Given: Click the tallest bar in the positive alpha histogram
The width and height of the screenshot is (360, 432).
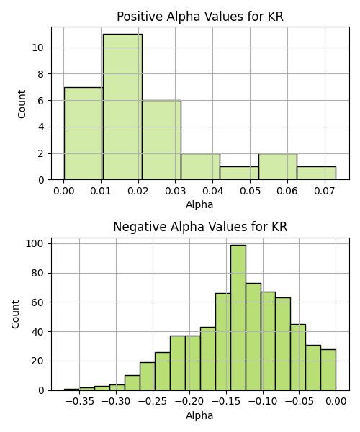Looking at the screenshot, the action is (x=123, y=107).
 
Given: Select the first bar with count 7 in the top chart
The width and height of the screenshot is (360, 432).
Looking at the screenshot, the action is (x=84, y=133).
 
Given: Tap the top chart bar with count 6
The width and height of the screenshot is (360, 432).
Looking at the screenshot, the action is (x=162, y=140).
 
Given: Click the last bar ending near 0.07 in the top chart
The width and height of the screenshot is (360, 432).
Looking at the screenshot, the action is (x=317, y=173).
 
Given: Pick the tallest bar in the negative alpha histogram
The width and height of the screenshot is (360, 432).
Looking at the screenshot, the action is (x=238, y=318).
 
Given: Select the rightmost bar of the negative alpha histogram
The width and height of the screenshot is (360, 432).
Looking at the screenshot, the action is (x=328, y=370).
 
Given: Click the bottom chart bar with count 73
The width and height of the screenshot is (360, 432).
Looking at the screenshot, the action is (x=253, y=337).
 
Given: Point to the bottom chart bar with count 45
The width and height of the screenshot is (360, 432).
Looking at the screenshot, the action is (x=298, y=357).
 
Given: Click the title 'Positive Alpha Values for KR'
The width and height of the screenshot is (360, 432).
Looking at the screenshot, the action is (x=200, y=17).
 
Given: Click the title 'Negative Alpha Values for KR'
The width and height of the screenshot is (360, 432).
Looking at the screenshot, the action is (x=200, y=227).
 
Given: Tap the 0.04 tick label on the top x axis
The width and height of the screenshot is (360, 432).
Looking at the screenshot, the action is (x=212, y=191).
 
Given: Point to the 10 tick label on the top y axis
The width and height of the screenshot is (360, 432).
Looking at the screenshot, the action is (x=38, y=48).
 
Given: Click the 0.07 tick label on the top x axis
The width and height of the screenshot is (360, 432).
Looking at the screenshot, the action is (x=325, y=191).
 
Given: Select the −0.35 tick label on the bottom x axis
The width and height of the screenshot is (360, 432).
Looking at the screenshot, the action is (x=80, y=402).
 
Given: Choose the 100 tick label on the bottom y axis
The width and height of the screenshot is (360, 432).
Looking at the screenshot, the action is (x=35, y=243).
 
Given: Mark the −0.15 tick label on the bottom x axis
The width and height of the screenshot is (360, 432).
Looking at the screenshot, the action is (x=226, y=402).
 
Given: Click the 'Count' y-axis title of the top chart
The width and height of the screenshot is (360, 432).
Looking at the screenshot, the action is (x=22, y=104).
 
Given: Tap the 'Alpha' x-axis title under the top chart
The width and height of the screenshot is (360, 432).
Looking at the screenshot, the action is (x=199, y=204).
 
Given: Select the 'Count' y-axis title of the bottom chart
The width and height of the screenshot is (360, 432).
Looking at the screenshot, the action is (x=15, y=315).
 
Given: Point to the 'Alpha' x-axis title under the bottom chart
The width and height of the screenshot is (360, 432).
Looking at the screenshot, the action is (x=199, y=415).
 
